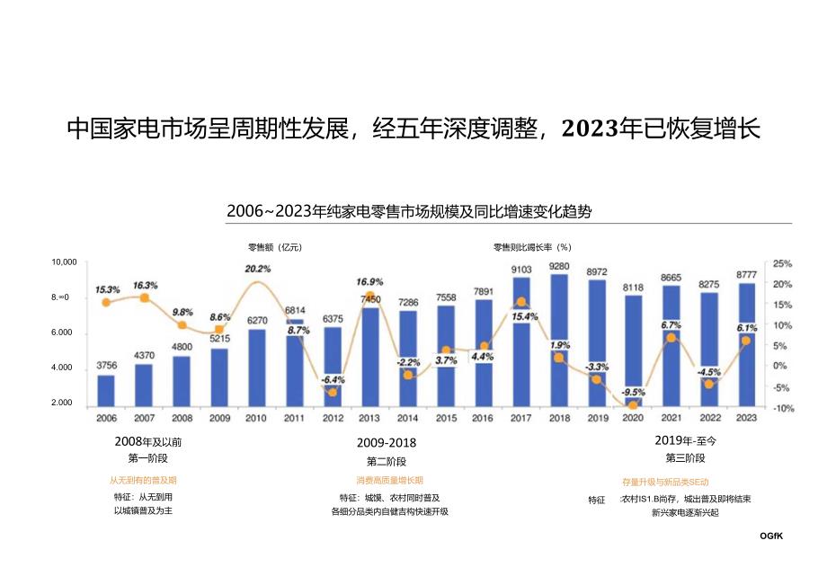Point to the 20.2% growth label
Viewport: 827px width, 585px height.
coord(257,269)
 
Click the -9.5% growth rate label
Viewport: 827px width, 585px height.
coord(633,392)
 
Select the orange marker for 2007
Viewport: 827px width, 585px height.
coord(144,297)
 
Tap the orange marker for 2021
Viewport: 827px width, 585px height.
coord(671,337)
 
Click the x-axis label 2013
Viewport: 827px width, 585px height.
coord(369,418)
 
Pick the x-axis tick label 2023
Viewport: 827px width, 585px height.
coord(746,418)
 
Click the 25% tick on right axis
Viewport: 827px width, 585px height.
coord(781,264)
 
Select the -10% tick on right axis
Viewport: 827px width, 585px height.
coord(781,408)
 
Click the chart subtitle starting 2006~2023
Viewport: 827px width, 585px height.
coord(408,211)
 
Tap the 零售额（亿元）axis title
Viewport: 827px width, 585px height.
coord(275,246)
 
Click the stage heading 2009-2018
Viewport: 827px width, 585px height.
coord(387,442)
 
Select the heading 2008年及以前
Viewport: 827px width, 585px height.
coord(142,442)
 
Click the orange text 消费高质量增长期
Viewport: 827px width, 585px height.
coord(388,481)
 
